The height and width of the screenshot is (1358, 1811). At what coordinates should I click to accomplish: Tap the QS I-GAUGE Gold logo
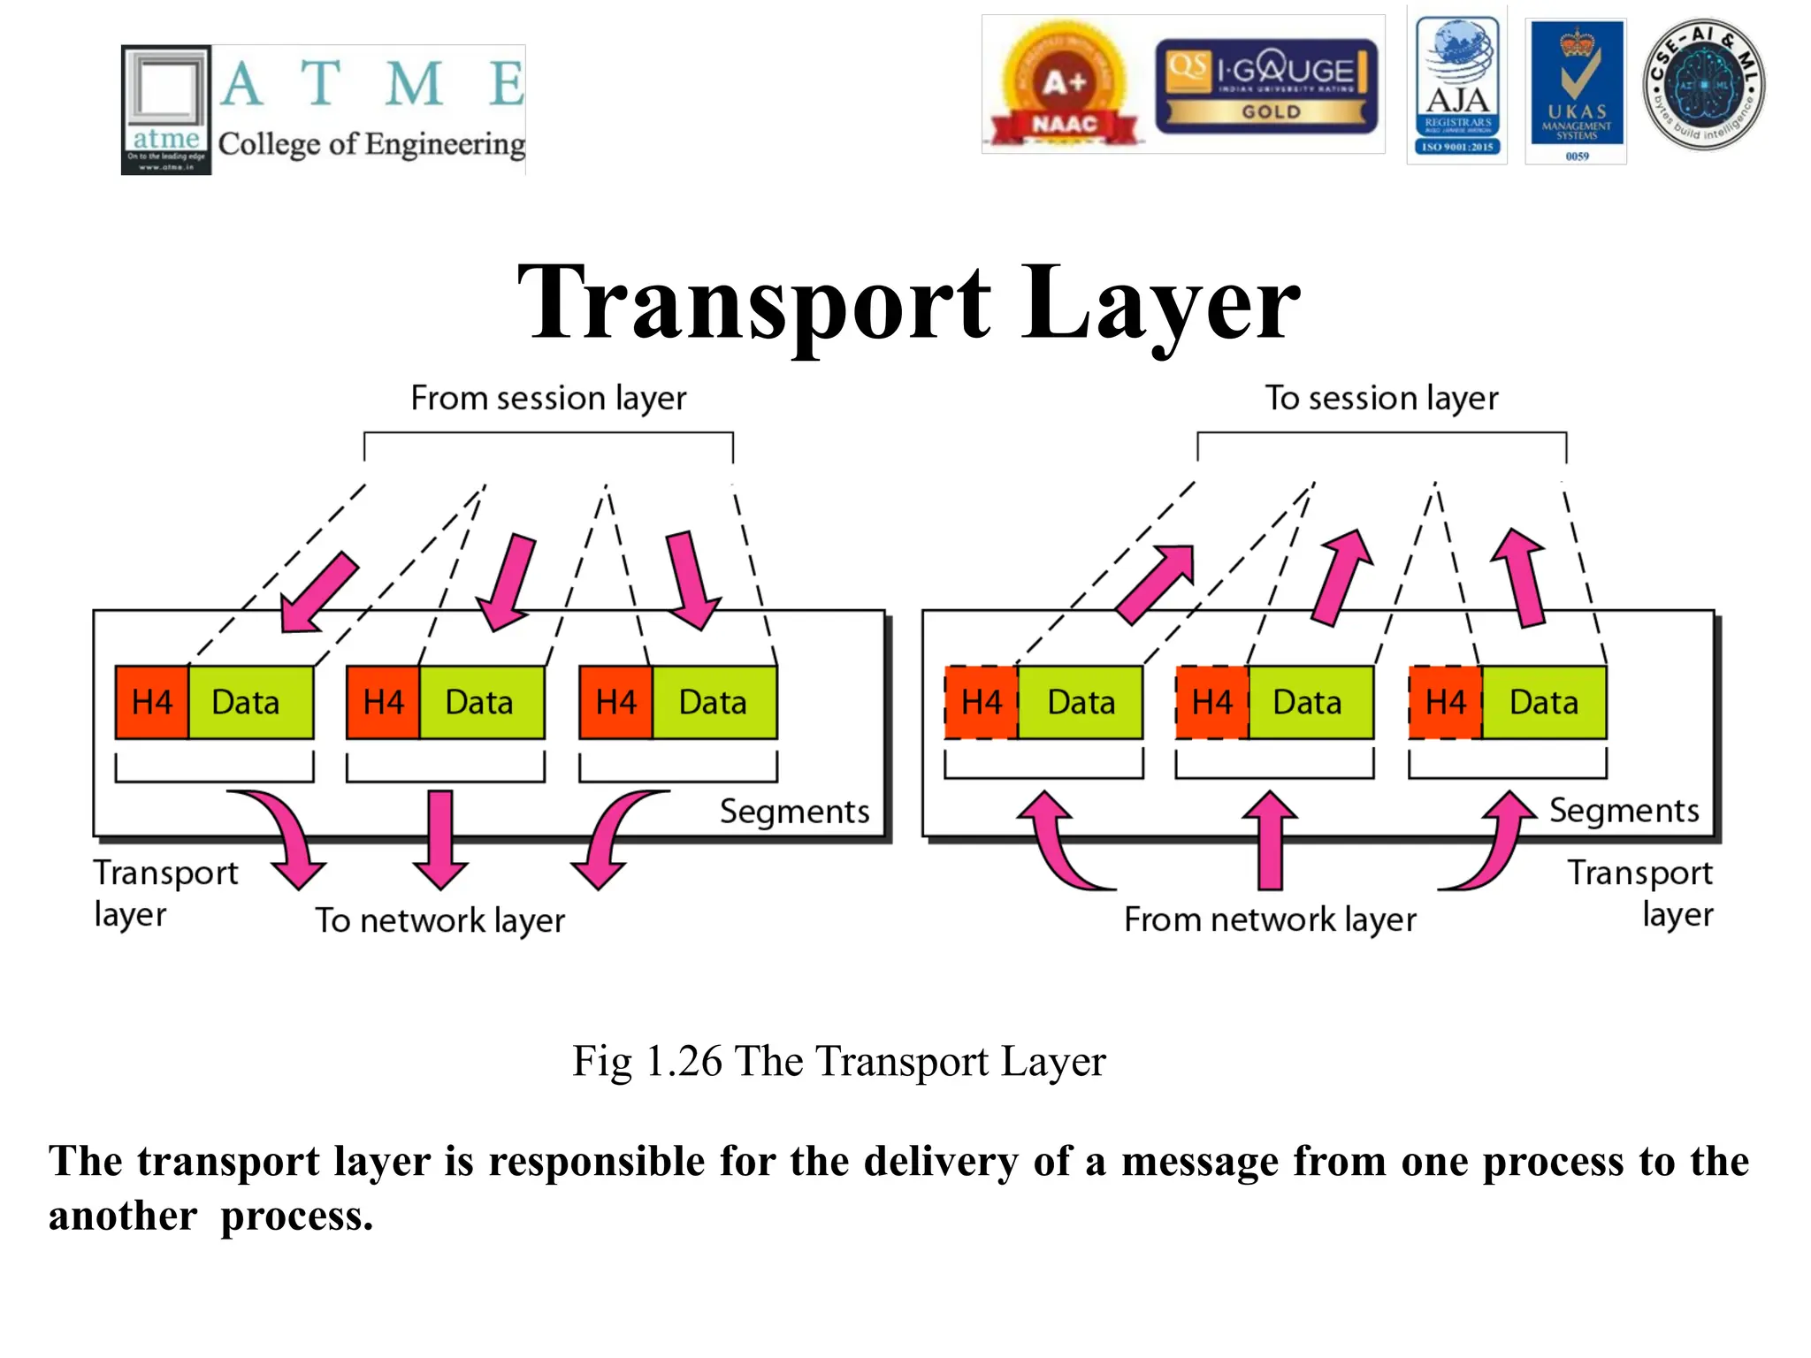pyautogui.click(x=1265, y=87)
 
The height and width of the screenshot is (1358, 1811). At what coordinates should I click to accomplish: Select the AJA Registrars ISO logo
pyautogui.click(x=1456, y=87)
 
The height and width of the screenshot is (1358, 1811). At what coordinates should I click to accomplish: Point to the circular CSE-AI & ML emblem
pyautogui.click(x=1703, y=85)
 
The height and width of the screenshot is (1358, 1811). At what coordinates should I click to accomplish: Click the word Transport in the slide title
pyautogui.click(x=753, y=303)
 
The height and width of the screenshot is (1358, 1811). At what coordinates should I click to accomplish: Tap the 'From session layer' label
pyautogui.click(x=548, y=398)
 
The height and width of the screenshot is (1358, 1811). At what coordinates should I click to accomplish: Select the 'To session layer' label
pyautogui.click(x=1381, y=398)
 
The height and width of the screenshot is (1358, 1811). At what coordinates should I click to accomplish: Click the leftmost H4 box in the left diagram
pyautogui.click(x=151, y=703)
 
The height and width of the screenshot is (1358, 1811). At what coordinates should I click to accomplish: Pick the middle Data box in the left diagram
pyautogui.click(x=480, y=703)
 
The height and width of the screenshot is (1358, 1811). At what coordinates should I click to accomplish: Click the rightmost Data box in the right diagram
pyautogui.click(x=1543, y=703)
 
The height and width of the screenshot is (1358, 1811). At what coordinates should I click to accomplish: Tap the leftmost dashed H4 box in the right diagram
pyautogui.click(x=981, y=703)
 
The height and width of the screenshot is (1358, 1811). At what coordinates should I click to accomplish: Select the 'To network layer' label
pyautogui.click(x=440, y=920)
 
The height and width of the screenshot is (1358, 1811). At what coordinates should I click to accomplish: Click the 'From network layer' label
pyautogui.click(x=1270, y=919)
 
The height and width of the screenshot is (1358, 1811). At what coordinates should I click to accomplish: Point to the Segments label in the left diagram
pyautogui.click(x=794, y=812)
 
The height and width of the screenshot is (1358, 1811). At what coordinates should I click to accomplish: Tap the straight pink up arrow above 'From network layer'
pyautogui.click(x=1270, y=840)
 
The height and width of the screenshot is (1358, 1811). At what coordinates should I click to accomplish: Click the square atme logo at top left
pyautogui.click(x=166, y=110)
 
